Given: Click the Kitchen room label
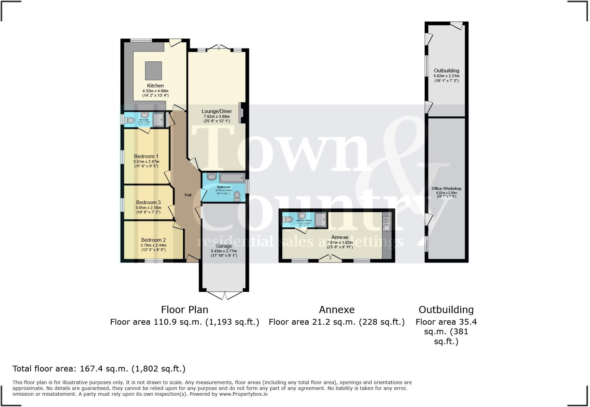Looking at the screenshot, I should (x=155, y=86).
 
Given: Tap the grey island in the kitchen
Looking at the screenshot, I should (x=153, y=70).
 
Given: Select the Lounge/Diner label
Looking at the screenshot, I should (x=216, y=111).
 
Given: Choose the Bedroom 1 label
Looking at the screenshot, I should (x=146, y=156).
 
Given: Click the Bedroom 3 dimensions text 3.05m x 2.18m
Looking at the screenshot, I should (x=148, y=208).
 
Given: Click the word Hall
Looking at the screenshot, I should (x=188, y=195).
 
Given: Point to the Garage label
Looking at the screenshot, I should (x=224, y=246).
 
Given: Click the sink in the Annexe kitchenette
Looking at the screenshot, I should (x=387, y=227).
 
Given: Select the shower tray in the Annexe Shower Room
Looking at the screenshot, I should (x=320, y=220).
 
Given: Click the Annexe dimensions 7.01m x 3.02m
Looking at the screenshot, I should (x=340, y=242).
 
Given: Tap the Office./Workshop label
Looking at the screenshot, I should (x=446, y=188).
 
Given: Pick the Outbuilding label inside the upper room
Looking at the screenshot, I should (x=446, y=71).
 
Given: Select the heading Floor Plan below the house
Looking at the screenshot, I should (x=184, y=310).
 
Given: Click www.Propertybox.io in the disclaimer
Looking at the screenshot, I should (x=243, y=394).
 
